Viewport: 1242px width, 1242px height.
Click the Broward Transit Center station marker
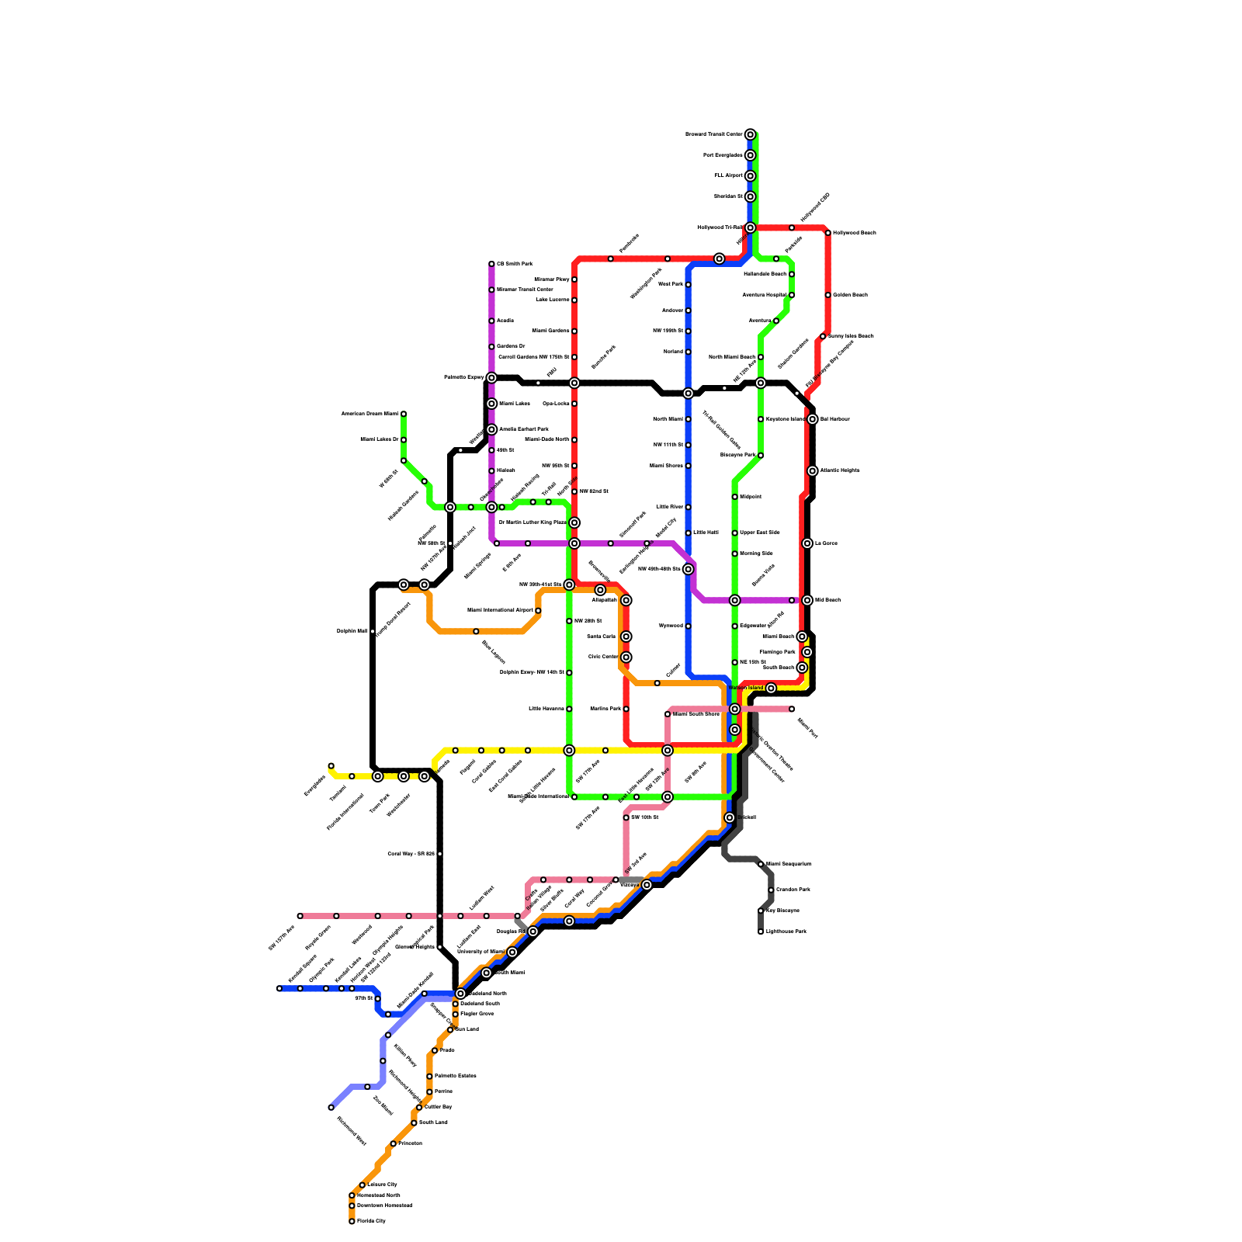(x=750, y=135)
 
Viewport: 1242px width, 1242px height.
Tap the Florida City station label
(x=371, y=1221)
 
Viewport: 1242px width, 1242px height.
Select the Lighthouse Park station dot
(x=761, y=931)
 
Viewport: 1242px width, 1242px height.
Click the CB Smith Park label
(x=515, y=264)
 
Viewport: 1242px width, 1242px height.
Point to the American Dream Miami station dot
(x=404, y=414)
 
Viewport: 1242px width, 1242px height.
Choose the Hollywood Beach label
(x=854, y=233)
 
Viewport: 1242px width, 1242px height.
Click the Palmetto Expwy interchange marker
(x=491, y=378)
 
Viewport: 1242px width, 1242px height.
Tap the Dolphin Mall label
(x=352, y=631)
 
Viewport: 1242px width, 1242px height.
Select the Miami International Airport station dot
(x=538, y=611)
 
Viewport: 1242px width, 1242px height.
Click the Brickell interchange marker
(x=730, y=817)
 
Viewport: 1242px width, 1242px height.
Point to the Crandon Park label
(x=793, y=890)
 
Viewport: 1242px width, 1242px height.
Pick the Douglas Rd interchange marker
(x=533, y=931)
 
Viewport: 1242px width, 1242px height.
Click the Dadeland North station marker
(x=460, y=994)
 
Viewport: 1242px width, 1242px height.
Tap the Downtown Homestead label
(x=384, y=1206)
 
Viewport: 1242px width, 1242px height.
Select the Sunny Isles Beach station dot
(x=823, y=336)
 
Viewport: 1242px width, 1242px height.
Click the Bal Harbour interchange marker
(x=812, y=419)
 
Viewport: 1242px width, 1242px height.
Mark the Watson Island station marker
(x=771, y=689)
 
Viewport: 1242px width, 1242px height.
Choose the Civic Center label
(x=603, y=657)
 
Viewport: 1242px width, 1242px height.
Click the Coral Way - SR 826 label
(x=411, y=854)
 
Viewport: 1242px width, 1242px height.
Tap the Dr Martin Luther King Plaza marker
(x=574, y=522)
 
